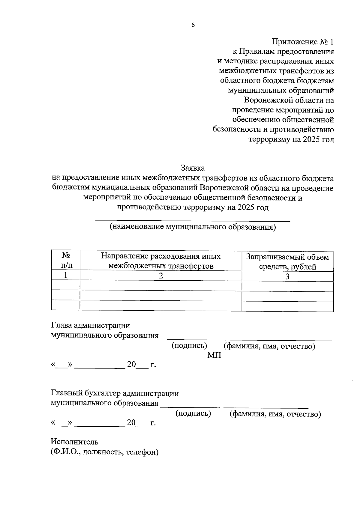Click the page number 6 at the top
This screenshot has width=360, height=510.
193,25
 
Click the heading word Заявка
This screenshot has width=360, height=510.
193,168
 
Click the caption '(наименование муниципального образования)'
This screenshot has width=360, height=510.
193,227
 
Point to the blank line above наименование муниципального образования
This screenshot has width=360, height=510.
193,221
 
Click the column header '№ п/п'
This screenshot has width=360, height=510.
66,261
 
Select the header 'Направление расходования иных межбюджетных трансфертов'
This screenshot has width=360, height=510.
161,261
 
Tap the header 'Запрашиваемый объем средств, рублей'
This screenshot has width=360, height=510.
287,261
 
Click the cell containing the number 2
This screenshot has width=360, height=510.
161,276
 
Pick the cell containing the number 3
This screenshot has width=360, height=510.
287,276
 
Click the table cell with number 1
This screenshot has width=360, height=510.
66,275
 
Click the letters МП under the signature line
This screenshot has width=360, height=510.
214,356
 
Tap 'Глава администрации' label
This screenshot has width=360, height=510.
91,326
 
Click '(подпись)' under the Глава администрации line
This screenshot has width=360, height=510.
189,346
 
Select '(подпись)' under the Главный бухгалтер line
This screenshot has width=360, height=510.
193,413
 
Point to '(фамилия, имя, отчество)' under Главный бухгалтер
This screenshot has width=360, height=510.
275,414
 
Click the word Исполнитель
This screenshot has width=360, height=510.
74,442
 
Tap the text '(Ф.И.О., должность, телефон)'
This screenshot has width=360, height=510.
104,452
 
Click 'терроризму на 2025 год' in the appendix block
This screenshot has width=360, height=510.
291,139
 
